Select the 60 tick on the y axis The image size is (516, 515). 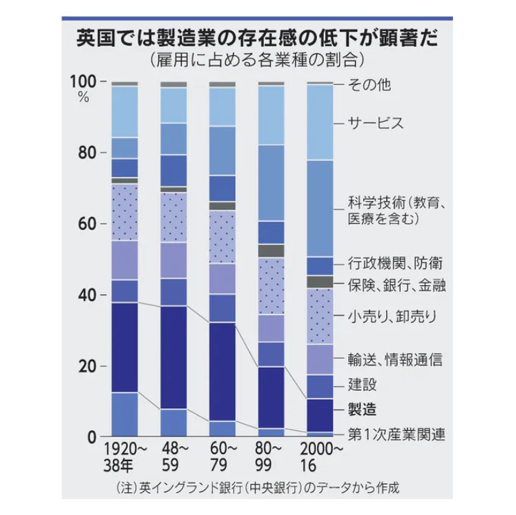(87, 224)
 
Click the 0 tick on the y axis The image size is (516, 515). (91, 436)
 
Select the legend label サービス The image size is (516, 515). (375, 124)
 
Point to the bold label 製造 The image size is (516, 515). (363, 409)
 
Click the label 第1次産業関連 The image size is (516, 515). (396, 434)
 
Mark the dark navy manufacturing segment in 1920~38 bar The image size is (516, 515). (124, 347)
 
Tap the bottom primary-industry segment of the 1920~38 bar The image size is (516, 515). (124, 414)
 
